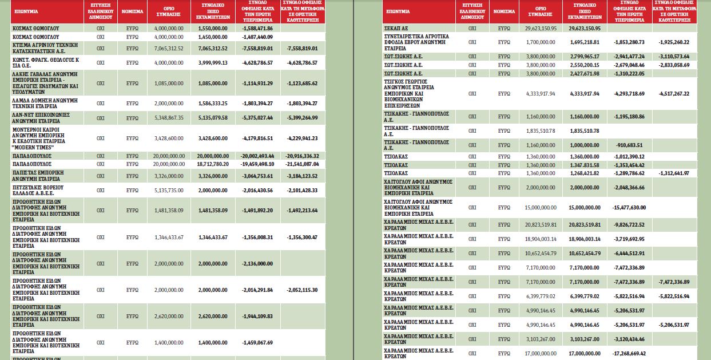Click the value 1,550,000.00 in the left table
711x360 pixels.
click(213, 29)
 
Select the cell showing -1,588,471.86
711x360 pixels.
click(257, 29)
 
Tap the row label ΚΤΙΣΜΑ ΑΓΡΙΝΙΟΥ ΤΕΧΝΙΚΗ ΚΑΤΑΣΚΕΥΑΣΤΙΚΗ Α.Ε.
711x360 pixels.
click(45, 48)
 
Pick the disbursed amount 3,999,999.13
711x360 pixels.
click(213, 63)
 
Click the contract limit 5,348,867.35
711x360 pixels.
click(169, 118)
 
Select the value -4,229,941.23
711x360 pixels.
click(302, 139)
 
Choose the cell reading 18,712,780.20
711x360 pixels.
click(213, 164)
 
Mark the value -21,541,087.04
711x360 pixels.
click(302, 164)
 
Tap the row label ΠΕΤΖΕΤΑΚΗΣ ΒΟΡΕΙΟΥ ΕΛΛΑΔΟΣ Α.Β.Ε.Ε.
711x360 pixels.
click(38, 191)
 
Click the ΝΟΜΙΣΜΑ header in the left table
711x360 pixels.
click(132, 11)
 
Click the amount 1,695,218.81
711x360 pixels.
click(585, 42)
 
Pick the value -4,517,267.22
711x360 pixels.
click(674, 94)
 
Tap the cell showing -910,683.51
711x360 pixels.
click(629, 145)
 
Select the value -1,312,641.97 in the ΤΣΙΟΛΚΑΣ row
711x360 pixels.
click(674, 173)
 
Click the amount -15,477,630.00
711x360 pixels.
click(629, 208)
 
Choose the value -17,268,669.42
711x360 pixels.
click(629, 353)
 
